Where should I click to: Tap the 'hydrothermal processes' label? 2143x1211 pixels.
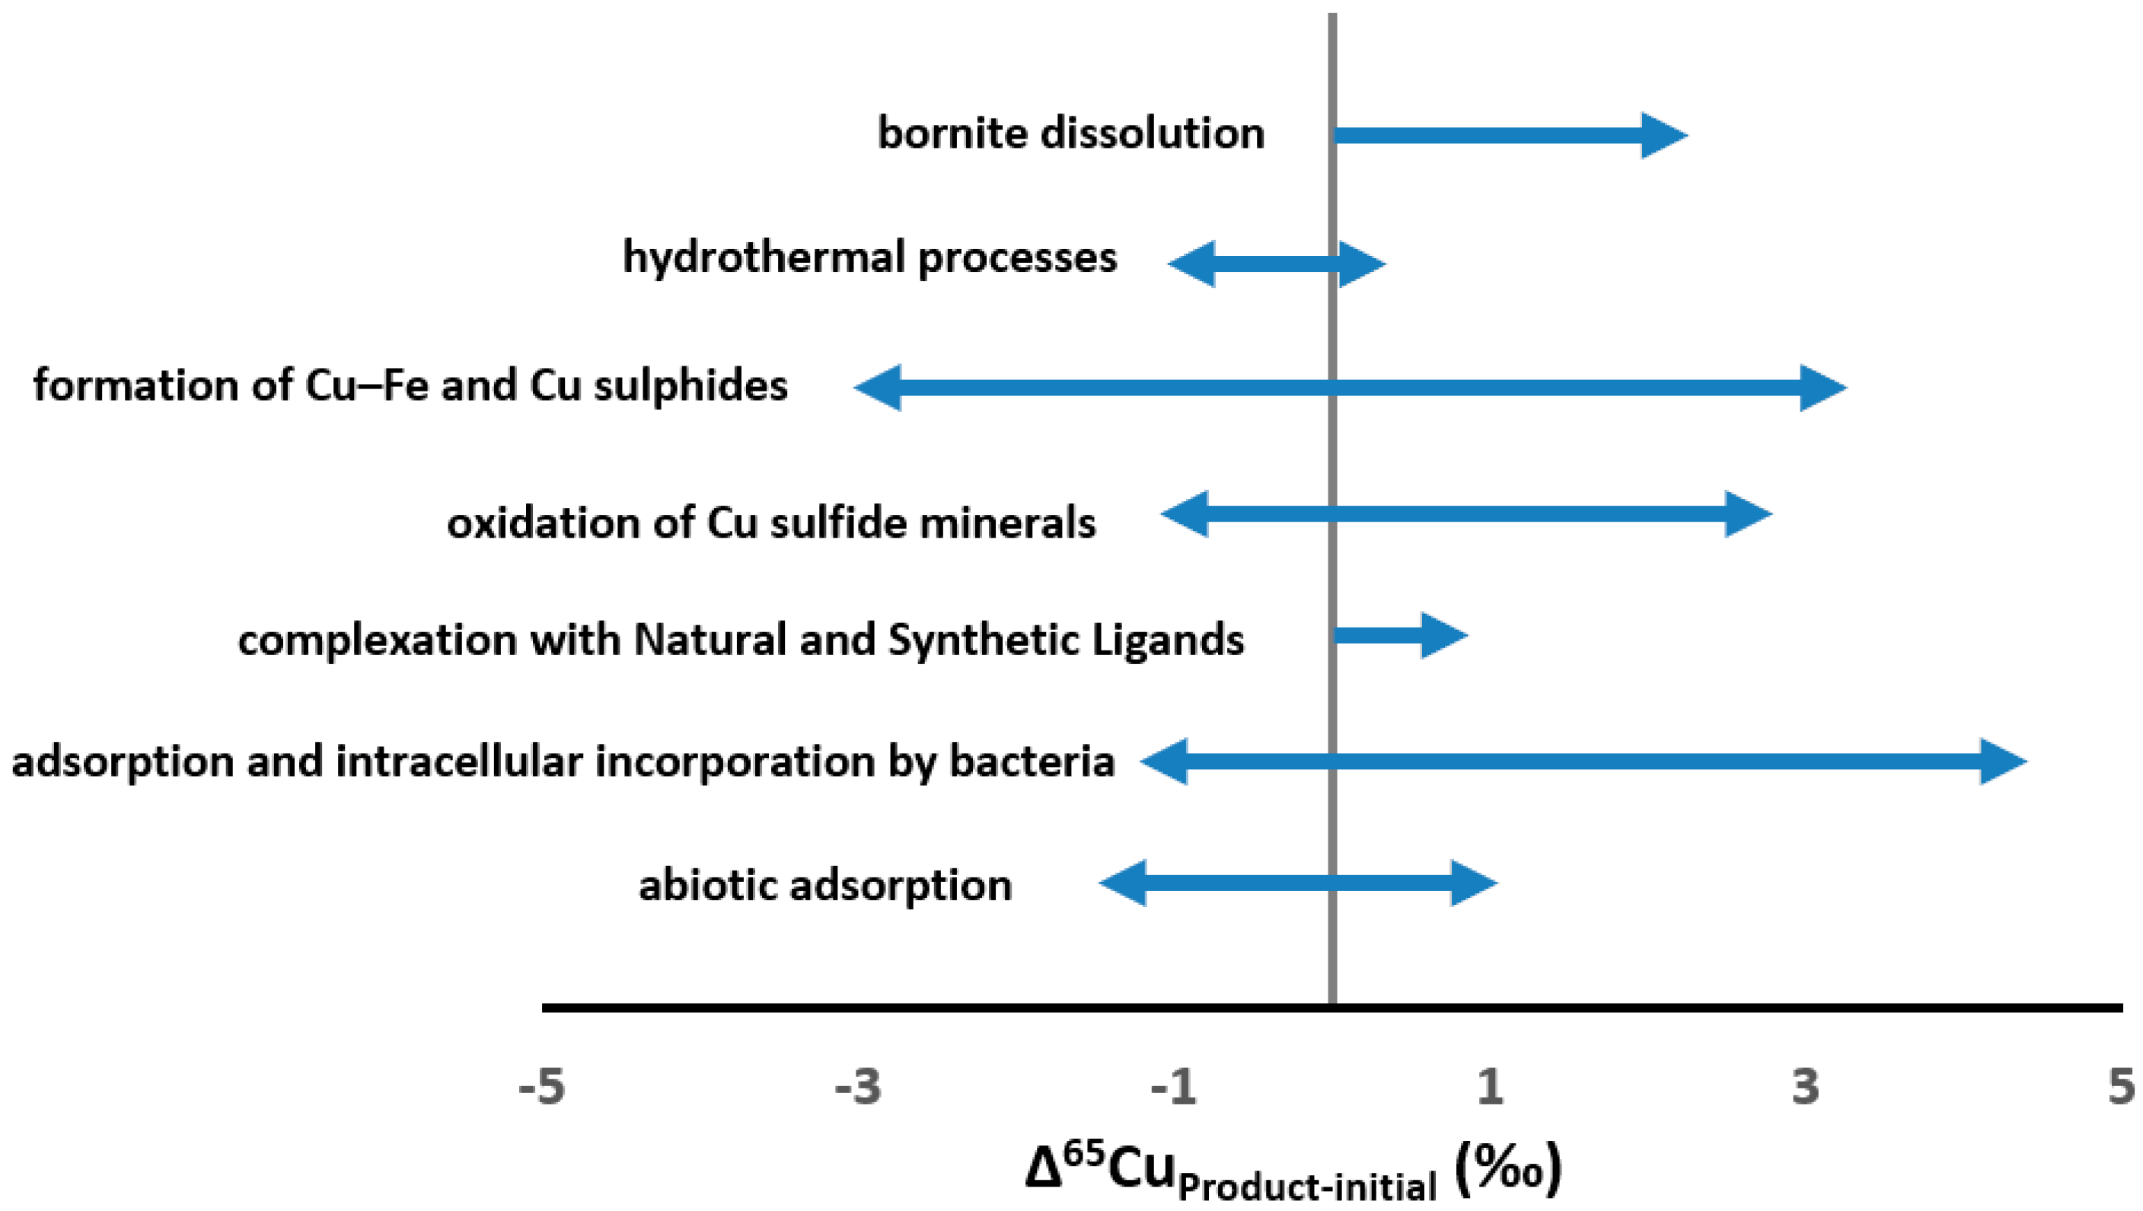[x=869, y=257]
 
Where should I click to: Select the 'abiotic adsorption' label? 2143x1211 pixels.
[x=824, y=885]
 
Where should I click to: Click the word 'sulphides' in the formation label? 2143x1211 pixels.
[x=690, y=385]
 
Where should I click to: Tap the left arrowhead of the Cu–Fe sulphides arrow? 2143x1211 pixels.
[x=879, y=387]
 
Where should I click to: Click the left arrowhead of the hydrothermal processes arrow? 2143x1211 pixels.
[x=1191, y=264]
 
